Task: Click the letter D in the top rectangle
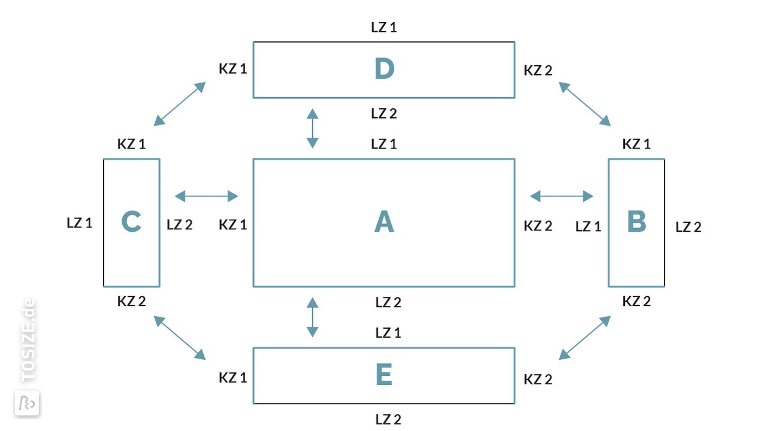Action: point(384,68)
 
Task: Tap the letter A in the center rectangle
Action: point(384,221)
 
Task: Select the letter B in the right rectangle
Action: point(636,221)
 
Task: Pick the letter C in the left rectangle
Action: point(131,221)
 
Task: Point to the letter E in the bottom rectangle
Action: point(384,375)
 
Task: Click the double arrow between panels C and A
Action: point(207,196)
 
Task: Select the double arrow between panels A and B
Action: point(561,196)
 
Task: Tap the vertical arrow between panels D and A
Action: point(312,128)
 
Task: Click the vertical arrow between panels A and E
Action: point(312,317)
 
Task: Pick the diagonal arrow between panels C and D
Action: point(179,104)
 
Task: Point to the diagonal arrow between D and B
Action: point(584,104)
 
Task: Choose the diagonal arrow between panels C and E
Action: point(179,338)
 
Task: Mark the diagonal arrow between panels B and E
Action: point(584,338)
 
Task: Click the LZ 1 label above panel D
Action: point(384,28)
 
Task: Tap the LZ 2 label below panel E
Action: point(388,420)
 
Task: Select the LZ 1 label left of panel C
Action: point(80,223)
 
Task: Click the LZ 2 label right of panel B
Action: point(689,227)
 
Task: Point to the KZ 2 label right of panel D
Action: point(538,71)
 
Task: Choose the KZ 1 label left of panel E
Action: point(233,378)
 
